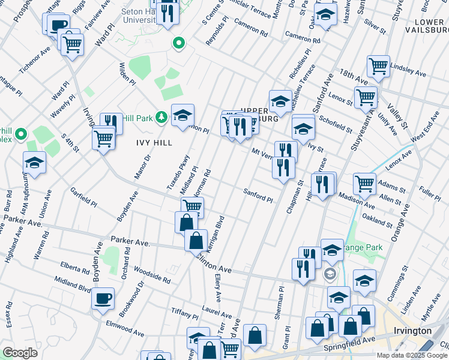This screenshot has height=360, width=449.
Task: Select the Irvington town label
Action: [413, 331]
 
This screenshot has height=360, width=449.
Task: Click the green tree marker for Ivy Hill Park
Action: [161, 116]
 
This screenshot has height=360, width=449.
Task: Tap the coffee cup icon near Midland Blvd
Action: [103, 298]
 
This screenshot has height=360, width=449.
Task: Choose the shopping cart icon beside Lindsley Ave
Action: [378, 66]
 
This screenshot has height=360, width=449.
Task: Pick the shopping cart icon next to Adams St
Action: [364, 184]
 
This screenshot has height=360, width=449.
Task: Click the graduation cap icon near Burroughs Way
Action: [35, 163]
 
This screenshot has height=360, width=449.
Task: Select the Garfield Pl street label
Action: [83, 196]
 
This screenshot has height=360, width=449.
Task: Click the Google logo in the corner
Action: [20, 352]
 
